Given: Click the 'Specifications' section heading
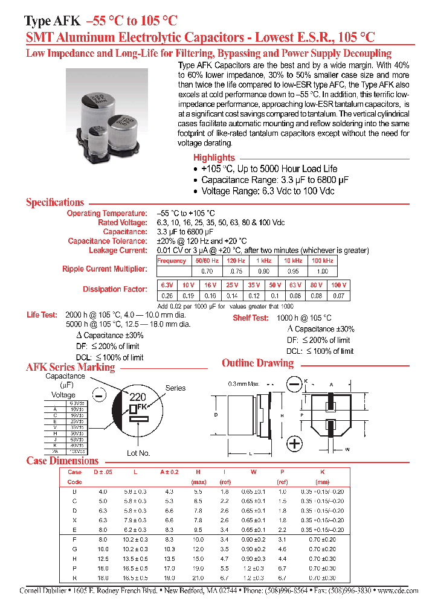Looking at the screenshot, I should click(x=55, y=202).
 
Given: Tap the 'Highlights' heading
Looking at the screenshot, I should click(x=214, y=158).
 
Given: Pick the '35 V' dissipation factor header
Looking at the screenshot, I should click(x=254, y=285).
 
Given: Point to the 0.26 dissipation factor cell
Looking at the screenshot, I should click(x=166, y=296).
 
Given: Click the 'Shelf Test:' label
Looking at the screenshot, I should click(x=251, y=318).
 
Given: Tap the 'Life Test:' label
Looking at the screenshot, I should click(x=42, y=315).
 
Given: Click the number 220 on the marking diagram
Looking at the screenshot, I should click(x=138, y=397).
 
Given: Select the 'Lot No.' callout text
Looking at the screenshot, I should click(x=138, y=453).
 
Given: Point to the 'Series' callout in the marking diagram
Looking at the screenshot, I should click(x=175, y=388).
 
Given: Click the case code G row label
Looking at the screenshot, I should click(x=74, y=549).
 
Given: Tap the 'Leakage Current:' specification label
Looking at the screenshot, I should click(x=118, y=250).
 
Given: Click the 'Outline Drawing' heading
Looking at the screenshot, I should click(x=257, y=363).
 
